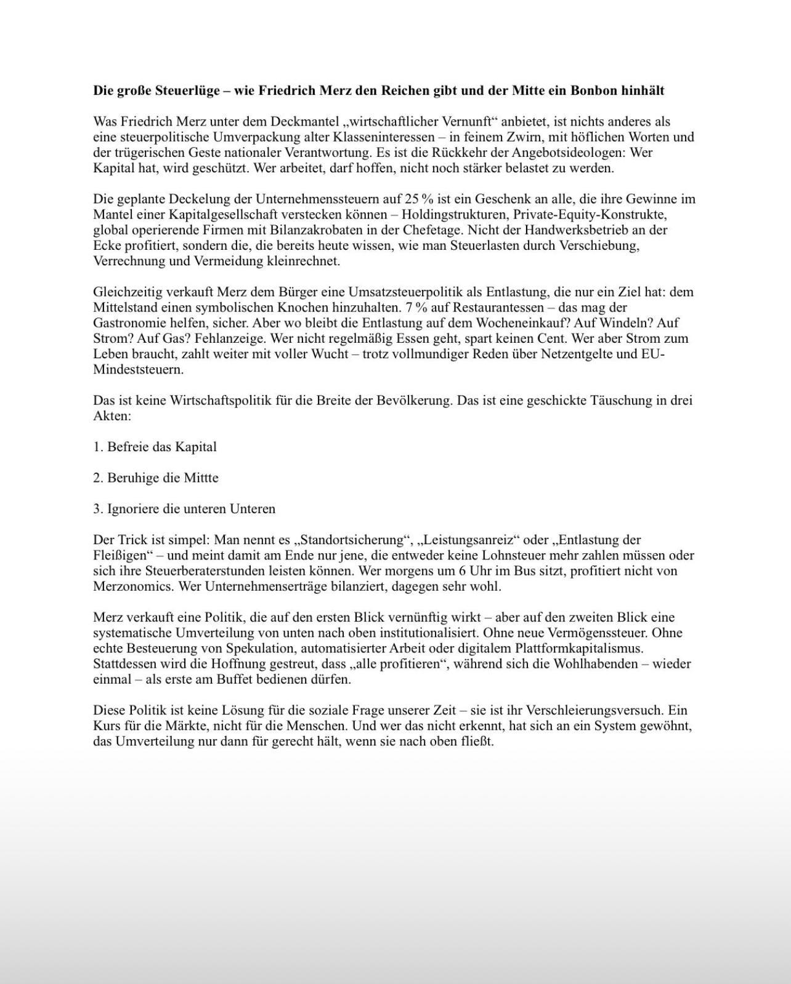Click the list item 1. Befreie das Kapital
tap(155, 447)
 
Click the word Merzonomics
tap(132, 586)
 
